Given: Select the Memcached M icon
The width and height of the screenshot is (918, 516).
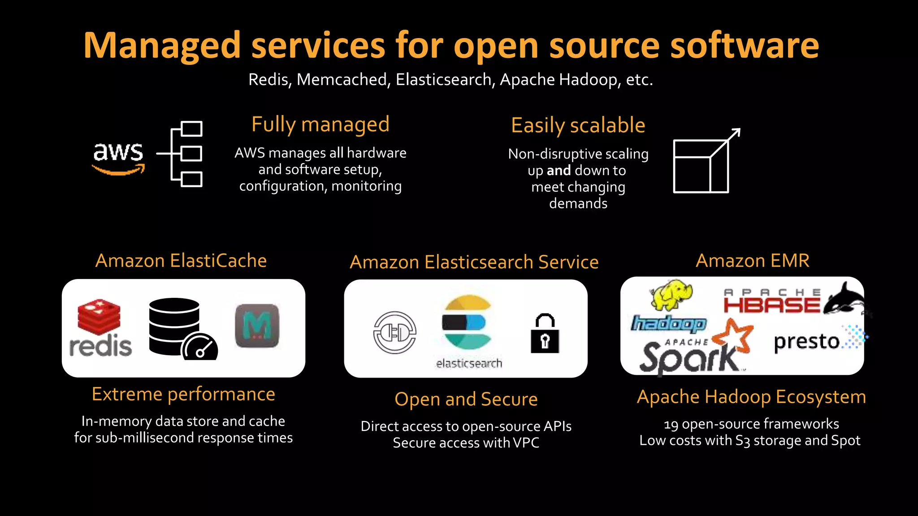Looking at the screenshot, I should [257, 326].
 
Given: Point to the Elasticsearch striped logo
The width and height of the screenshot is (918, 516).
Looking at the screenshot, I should [467, 322].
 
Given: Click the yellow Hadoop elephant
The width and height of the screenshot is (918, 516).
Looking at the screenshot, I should [671, 294].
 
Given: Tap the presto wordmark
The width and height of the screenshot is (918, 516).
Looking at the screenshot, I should [806, 342].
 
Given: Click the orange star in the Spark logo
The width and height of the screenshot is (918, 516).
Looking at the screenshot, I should [733, 336].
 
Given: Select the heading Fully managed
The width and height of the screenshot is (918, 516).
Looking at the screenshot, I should [320, 125].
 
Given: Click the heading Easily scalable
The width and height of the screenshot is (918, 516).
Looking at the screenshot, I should [578, 125].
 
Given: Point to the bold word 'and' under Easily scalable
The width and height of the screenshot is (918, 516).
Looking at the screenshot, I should [559, 171].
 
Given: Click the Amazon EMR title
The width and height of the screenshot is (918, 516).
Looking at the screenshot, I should [752, 261].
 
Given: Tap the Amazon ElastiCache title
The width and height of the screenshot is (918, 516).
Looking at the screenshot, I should [181, 261].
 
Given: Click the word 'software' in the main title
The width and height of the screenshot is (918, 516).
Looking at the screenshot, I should [744, 46].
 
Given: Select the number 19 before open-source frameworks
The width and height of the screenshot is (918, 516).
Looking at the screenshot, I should [671, 424].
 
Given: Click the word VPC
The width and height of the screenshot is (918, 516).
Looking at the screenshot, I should [526, 443].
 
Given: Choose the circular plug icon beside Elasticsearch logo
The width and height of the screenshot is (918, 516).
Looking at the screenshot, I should [395, 332].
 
